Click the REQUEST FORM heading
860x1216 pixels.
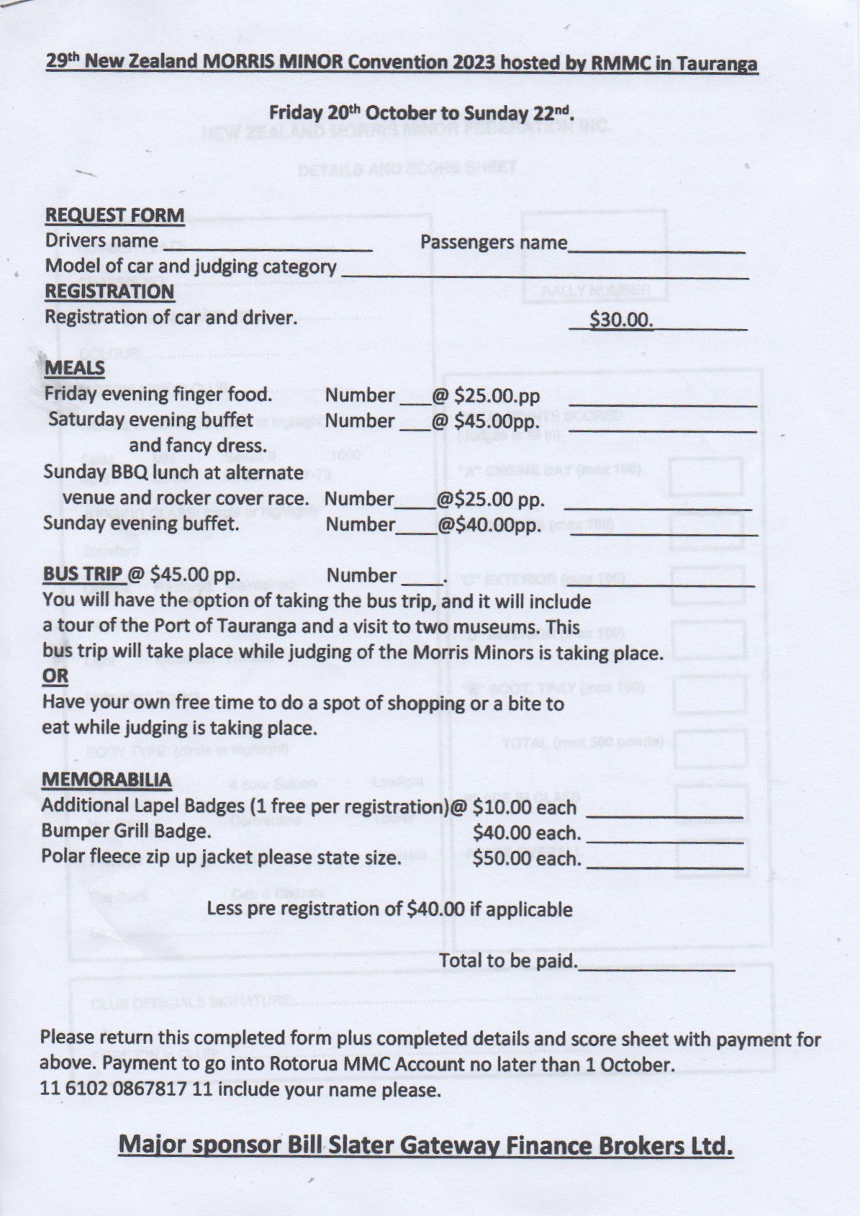(114, 215)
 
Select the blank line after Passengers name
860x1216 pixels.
(656, 250)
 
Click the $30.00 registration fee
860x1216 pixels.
(621, 319)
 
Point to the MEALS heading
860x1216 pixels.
(74, 368)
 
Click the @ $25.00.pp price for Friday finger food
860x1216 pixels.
(486, 395)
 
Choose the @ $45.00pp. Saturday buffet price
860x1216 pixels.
(486, 420)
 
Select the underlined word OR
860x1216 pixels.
(55, 676)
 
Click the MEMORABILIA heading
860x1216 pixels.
(107, 780)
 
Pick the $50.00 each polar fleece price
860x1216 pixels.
(526, 858)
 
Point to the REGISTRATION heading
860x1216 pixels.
(109, 292)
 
